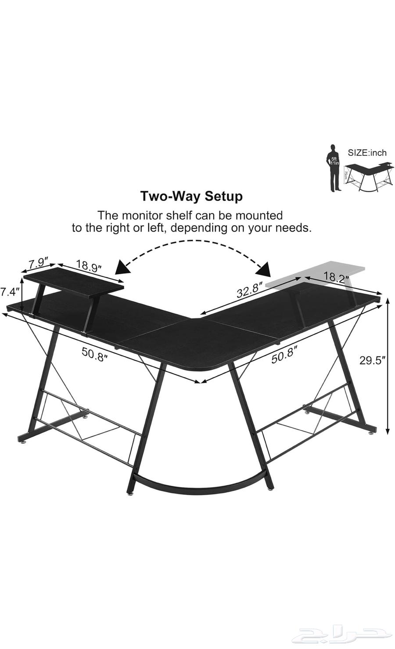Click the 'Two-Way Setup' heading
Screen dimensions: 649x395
point(191,196)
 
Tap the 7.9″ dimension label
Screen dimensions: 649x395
point(37,264)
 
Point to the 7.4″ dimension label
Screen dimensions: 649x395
point(10,290)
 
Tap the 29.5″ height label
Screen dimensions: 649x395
point(373,360)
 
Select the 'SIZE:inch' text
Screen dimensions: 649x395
point(367,153)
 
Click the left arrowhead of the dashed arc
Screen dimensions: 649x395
point(120,266)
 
